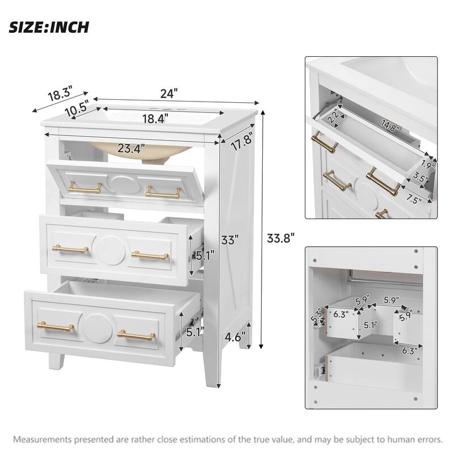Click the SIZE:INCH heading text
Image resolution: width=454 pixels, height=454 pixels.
click(x=49, y=27)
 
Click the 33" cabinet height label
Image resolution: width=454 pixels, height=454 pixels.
click(x=228, y=239)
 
